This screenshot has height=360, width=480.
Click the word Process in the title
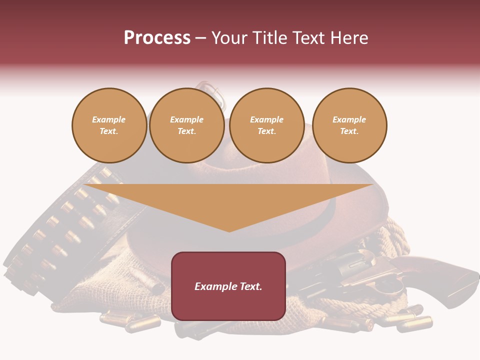(x=157, y=38)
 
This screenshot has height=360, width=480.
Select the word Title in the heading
(x=271, y=38)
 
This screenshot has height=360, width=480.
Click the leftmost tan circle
(x=109, y=125)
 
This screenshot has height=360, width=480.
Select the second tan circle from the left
(x=186, y=125)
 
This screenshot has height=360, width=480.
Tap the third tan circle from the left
(x=266, y=125)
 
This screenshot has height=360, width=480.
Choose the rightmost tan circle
(x=349, y=125)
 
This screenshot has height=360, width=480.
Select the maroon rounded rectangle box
(x=228, y=305)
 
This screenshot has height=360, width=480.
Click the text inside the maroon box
(x=228, y=286)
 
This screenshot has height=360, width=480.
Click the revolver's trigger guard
(x=387, y=287)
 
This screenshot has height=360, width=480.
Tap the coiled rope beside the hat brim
(x=395, y=240)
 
